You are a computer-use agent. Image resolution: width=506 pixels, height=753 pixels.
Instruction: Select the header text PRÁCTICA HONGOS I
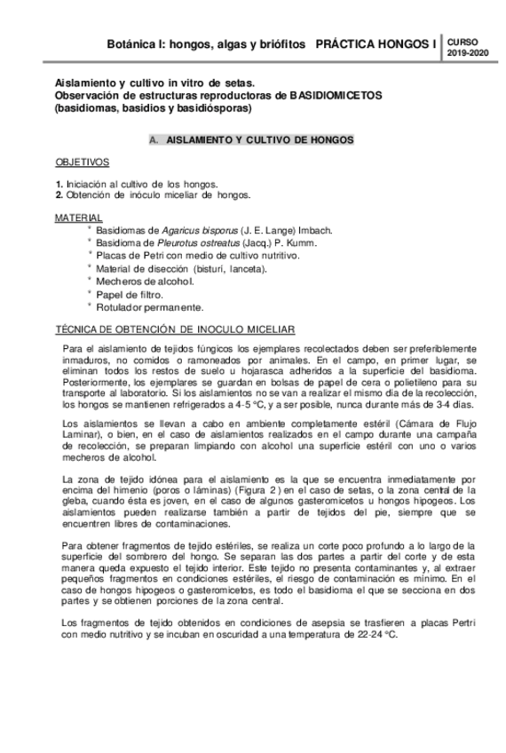click(376, 43)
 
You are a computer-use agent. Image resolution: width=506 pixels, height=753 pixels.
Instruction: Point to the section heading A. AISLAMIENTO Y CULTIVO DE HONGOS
click(252, 140)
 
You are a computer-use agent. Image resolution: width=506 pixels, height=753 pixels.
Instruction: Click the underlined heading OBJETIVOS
click(82, 163)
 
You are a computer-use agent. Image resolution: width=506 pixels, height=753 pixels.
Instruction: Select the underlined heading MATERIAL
click(78, 218)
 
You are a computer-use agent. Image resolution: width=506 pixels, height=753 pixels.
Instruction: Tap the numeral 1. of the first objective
click(59, 183)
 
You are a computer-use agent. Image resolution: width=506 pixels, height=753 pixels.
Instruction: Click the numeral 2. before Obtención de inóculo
click(59, 194)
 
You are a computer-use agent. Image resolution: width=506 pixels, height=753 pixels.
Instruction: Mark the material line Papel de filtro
click(130, 294)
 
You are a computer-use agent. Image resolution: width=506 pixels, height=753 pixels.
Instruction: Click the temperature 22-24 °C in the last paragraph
click(373, 636)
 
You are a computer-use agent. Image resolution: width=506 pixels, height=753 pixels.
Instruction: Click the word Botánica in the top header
click(131, 43)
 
